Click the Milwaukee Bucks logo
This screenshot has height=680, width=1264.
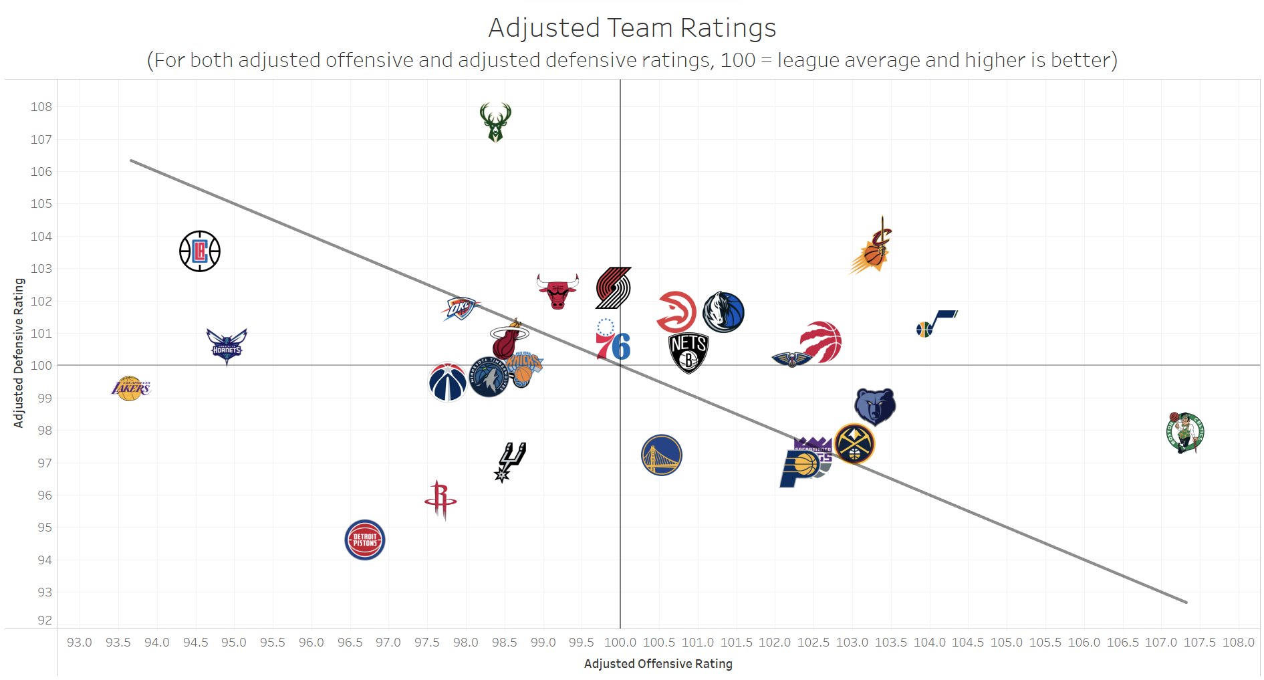pos(495,122)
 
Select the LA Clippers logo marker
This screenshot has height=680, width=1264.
pos(200,251)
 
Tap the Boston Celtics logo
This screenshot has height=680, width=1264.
pos(1184,433)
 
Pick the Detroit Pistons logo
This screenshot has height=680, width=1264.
pos(365,540)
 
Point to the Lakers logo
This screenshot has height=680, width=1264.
pos(130,388)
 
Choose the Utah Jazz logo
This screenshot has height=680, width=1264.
pos(936,324)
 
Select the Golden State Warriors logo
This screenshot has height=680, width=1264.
pos(661,455)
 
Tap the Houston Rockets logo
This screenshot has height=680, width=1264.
pos(440,499)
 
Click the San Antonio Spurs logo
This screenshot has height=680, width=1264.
pos(511,461)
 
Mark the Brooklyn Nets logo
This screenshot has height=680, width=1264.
pos(688,352)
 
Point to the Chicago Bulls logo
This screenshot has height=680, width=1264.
pos(557,291)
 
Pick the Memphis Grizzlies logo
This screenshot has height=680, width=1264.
pos(875,406)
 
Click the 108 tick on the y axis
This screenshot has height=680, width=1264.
pos(41,107)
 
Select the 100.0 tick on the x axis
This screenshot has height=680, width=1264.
pos(620,643)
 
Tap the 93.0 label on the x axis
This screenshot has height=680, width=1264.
pos(80,643)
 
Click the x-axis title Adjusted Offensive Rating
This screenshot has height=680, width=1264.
pos(658,664)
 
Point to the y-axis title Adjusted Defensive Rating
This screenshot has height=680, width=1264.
pos(19,353)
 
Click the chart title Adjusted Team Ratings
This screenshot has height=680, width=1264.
pos(632,28)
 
